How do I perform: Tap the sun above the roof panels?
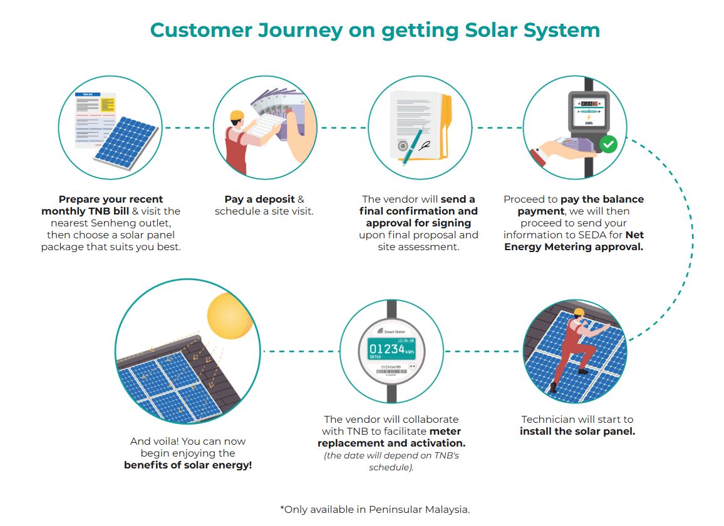(x=230, y=316)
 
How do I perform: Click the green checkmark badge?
(x=608, y=145)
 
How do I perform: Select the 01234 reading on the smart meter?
(x=386, y=348)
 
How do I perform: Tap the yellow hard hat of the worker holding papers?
(x=237, y=115)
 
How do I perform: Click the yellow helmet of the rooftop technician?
(x=579, y=312)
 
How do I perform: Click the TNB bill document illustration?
(x=95, y=119)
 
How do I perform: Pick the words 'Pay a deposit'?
(x=259, y=200)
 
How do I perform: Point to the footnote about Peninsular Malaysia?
(x=375, y=509)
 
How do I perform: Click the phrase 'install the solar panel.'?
(x=577, y=431)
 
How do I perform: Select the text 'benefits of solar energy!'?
(x=188, y=465)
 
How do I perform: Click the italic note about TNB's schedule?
(x=391, y=461)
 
